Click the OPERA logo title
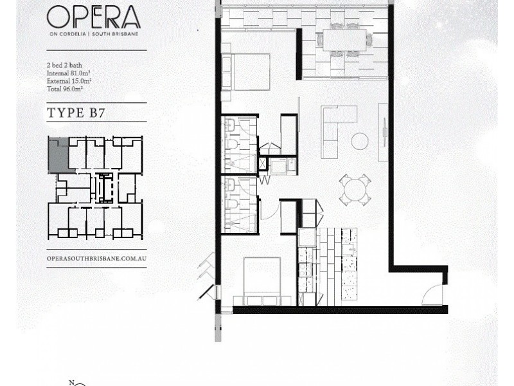[94, 17]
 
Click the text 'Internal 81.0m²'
[69, 73]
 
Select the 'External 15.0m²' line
[69, 81]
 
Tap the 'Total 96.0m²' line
[65, 89]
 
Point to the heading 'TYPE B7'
[76, 113]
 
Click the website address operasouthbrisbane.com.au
[96, 259]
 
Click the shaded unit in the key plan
[59, 155]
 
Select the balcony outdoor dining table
[344, 41]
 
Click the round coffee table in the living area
[360, 141]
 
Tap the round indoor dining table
[355, 190]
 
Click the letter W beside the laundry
[265, 180]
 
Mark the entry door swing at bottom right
[432, 295]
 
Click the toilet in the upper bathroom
[232, 145]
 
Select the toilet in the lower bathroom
[232, 205]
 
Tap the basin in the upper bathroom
[231, 125]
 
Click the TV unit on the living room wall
[383, 132]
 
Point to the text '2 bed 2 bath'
[64, 65]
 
